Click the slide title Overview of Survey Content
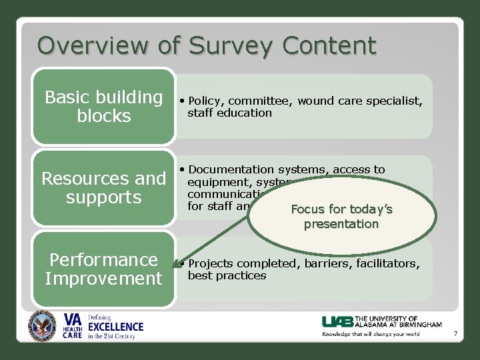[x=207, y=45]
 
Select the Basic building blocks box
[x=103, y=107]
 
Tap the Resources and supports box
[x=103, y=188]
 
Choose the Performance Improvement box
[x=103, y=269]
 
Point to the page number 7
[x=455, y=333]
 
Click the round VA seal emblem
[x=43, y=327]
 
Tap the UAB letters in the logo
[x=337, y=321]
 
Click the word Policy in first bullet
[x=207, y=101]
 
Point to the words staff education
[x=229, y=113]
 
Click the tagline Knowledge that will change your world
[x=371, y=334]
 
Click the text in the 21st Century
[x=112, y=336]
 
